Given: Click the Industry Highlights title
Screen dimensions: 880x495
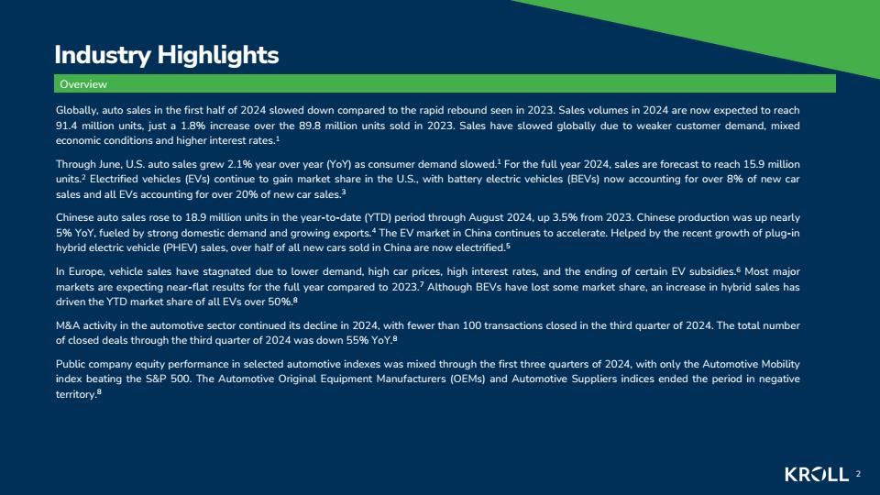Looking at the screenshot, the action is click(167, 55).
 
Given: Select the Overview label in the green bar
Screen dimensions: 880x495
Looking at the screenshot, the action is click(83, 84).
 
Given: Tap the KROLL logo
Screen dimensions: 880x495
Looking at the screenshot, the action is click(817, 474).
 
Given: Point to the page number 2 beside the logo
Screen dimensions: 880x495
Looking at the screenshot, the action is click(858, 474).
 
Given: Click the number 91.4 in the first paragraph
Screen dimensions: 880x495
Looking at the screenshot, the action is click(65, 126).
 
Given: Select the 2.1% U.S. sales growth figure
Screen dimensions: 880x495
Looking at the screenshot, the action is click(239, 164).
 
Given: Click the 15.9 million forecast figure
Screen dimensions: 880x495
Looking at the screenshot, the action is click(772, 164).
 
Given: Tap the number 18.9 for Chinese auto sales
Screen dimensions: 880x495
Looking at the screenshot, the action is click(194, 218).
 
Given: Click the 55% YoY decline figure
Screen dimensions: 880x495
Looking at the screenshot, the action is click(364, 340).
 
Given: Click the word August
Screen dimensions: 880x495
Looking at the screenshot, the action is click(486, 218).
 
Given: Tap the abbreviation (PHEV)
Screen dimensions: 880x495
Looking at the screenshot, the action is click(181, 248).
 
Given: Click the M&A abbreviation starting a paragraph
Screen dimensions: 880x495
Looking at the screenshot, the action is click(67, 325).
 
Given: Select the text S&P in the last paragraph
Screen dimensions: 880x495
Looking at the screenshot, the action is click(156, 379).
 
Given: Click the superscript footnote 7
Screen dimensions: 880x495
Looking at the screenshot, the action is click(422, 284).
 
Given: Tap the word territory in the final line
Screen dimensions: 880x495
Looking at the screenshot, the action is click(76, 394).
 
